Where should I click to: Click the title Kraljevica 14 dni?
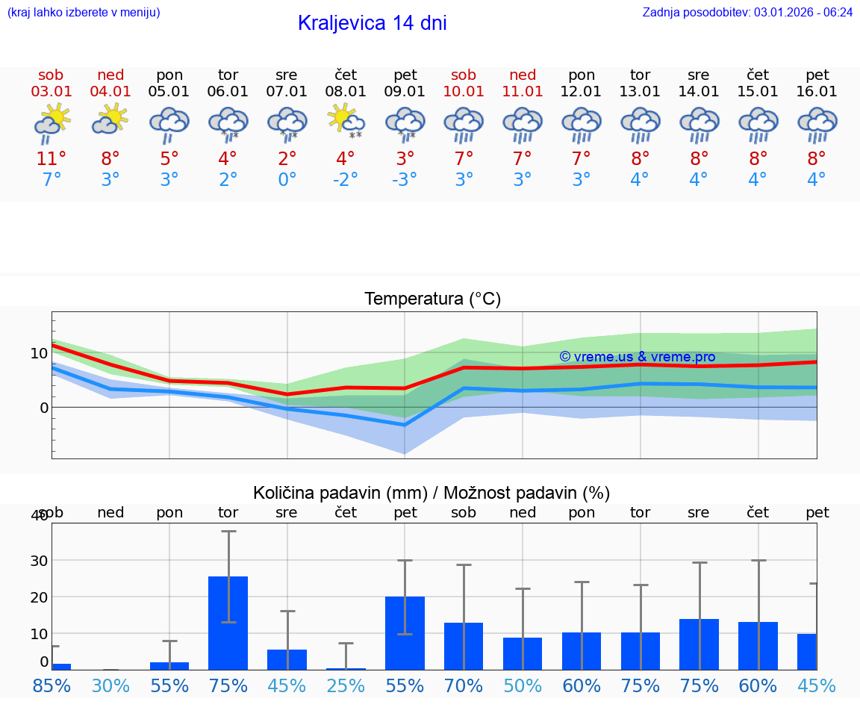coord(372,23)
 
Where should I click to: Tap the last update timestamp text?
coord(747,12)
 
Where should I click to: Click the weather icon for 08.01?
coord(346,121)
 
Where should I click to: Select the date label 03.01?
coord(51,92)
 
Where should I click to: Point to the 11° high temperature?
coord(51,159)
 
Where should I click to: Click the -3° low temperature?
coord(405,180)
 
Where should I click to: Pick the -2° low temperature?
coord(346,180)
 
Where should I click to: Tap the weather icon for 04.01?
coord(110,119)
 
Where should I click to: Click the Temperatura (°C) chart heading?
coord(432,299)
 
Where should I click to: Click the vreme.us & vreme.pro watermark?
coord(637,357)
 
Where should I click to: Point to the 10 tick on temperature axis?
coord(39,353)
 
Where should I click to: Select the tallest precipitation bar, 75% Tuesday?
coord(228,623)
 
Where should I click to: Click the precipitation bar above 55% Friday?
coord(405,632)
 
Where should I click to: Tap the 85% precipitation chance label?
coord(52,686)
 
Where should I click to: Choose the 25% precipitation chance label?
coord(346,686)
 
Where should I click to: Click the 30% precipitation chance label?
coord(110,686)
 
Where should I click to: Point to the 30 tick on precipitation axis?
coord(38,560)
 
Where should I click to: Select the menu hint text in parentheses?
coord(84,12)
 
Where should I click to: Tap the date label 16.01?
coord(817,92)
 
